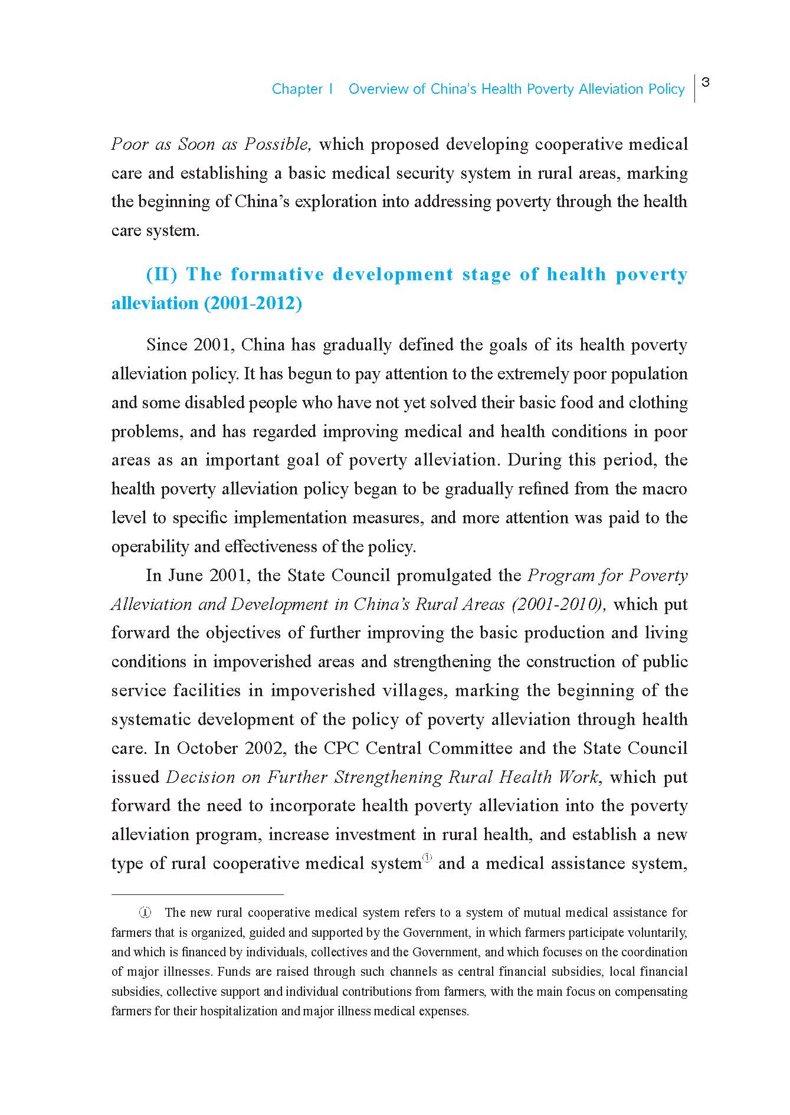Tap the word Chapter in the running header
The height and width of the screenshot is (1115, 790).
pos(297,89)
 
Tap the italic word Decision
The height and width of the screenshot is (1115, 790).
pos(201,778)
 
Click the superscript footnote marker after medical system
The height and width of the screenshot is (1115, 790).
pos(427,859)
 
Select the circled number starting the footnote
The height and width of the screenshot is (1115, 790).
pos(145,913)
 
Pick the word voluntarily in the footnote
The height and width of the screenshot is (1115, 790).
pos(657,933)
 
